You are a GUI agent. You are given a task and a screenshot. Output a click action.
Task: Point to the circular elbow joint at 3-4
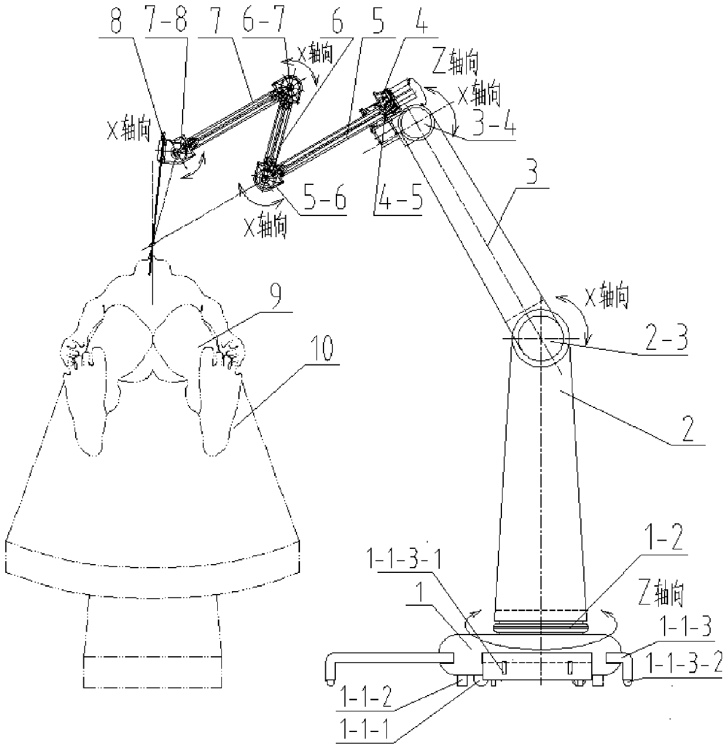(414, 123)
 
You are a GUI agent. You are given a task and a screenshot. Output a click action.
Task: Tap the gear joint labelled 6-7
(288, 90)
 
